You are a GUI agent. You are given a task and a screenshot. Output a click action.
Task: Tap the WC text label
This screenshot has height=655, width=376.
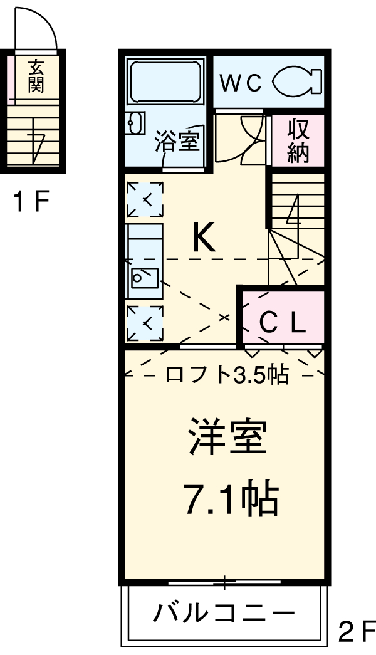240,84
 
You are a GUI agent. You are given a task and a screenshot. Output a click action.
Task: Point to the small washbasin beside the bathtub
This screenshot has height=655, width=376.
134,123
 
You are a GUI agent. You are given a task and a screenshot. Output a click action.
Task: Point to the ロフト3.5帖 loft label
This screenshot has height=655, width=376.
226,374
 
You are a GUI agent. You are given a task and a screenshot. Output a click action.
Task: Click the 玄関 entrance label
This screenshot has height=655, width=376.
36,76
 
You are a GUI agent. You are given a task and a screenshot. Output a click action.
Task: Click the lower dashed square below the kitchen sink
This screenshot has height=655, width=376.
145,323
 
